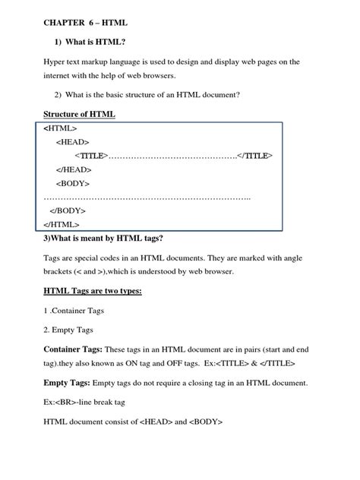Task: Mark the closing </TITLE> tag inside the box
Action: [255, 156]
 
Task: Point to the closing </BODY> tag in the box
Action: [68, 210]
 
